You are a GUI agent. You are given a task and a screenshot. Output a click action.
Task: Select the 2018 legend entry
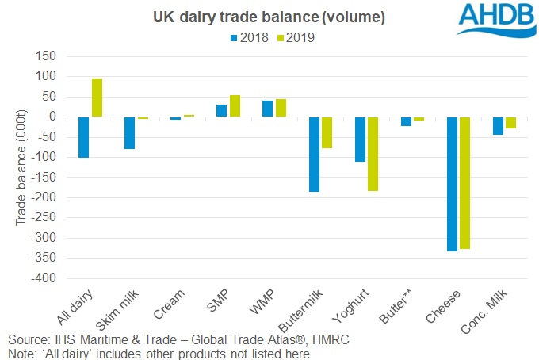point(250,36)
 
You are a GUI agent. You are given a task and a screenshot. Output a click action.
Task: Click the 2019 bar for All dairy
point(97,98)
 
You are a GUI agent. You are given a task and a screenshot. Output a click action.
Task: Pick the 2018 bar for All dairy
point(84,137)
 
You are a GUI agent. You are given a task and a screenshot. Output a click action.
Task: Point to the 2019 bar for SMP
point(235,105)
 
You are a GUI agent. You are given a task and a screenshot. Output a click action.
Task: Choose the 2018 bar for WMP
point(267,109)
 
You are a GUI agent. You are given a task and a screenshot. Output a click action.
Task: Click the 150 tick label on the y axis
point(47,56)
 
